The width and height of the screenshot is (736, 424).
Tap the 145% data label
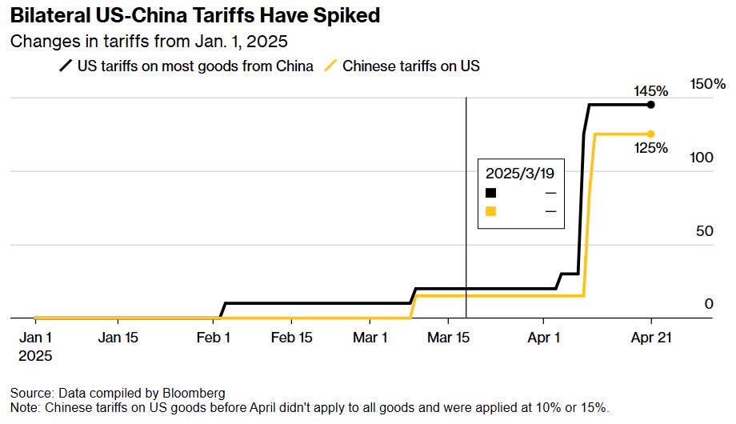pyautogui.click(x=650, y=90)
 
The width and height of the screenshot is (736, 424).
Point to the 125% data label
pyautogui.click(x=650, y=148)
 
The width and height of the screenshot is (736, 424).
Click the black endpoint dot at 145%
pyautogui.click(x=650, y=105)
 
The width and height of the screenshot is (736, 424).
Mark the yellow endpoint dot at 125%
pyautogui.click(x=650, y=134)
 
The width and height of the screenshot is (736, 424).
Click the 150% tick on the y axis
pyautogui.click(x=708, y=84)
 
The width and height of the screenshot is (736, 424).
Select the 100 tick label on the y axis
pyautogui.click(x=702, y=158)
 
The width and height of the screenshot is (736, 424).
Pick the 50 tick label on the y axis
pyautogui.click(x=705, y=231)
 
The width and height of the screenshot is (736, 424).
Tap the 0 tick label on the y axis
pyautogui.click(x=709, y=304)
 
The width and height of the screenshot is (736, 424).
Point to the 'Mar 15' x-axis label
pyautogui.click(x=449, y=338)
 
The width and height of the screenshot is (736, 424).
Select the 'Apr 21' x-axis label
pyautogui.click(x=650, y=338)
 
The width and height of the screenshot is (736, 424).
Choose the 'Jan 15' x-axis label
pyautogui.click(x=118, y=338)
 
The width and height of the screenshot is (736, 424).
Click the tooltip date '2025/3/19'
pyautogui.click(x=522, y=173)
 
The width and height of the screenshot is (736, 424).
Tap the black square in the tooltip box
pyautogui.click(x=491, y=193)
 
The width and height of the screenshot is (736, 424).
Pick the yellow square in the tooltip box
pyautogui.click(x=491, y=211)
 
